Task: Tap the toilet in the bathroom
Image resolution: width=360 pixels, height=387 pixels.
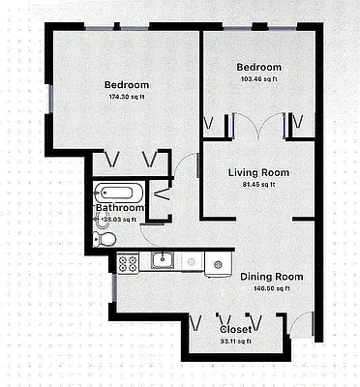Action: coord(106,237)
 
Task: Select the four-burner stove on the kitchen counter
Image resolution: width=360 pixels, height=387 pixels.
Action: coord(128,260)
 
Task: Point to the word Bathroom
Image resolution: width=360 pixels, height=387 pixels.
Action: coord(119,207)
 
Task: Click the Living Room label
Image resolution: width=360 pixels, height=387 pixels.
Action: coord(258,173)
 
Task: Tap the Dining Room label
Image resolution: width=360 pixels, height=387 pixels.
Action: coord(271,277)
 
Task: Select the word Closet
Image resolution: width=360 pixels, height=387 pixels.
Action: coord(235,329)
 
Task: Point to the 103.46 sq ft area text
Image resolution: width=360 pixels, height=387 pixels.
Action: coord(259,79)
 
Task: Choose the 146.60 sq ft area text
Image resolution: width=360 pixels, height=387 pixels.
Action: coord(271,288)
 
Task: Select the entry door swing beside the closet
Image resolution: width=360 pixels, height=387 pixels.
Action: coord(302,325)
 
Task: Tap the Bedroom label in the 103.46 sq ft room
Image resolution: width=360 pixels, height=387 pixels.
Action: coord(259,67)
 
